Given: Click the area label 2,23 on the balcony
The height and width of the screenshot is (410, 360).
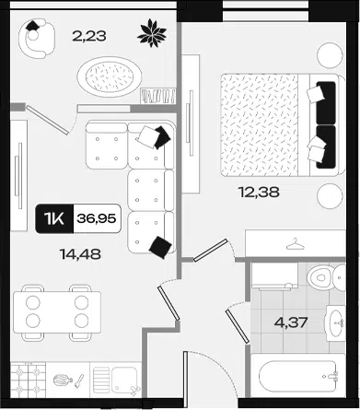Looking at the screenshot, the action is [89, 36].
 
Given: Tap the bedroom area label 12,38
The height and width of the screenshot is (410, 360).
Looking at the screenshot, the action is [259, 193].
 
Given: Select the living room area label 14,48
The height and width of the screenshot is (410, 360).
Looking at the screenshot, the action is [81, 254].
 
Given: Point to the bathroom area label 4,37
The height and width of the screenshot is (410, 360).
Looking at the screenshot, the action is [290, 322].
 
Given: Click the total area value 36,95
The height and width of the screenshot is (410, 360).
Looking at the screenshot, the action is [97, 218].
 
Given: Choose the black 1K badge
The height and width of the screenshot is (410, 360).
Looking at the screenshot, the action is [54, 218].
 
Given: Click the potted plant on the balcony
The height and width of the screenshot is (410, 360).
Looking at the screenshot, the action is [152, 33].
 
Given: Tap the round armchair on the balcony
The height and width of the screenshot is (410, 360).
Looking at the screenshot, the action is [37, 38].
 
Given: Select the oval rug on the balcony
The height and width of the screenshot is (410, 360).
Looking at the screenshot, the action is [110, 76].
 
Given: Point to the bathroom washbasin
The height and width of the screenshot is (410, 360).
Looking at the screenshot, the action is [335, 323].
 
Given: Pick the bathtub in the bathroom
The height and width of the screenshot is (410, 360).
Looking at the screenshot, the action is [297, 376].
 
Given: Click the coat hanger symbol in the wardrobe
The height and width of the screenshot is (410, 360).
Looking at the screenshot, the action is [296, 244].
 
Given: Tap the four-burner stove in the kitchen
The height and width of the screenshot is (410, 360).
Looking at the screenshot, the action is [29, 380].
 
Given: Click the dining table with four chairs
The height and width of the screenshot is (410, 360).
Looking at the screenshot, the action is [57, 312].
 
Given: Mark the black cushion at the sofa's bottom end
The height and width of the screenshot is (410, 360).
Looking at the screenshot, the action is [160, 247].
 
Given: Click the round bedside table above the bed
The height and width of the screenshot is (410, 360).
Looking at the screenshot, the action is [330, 55].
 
